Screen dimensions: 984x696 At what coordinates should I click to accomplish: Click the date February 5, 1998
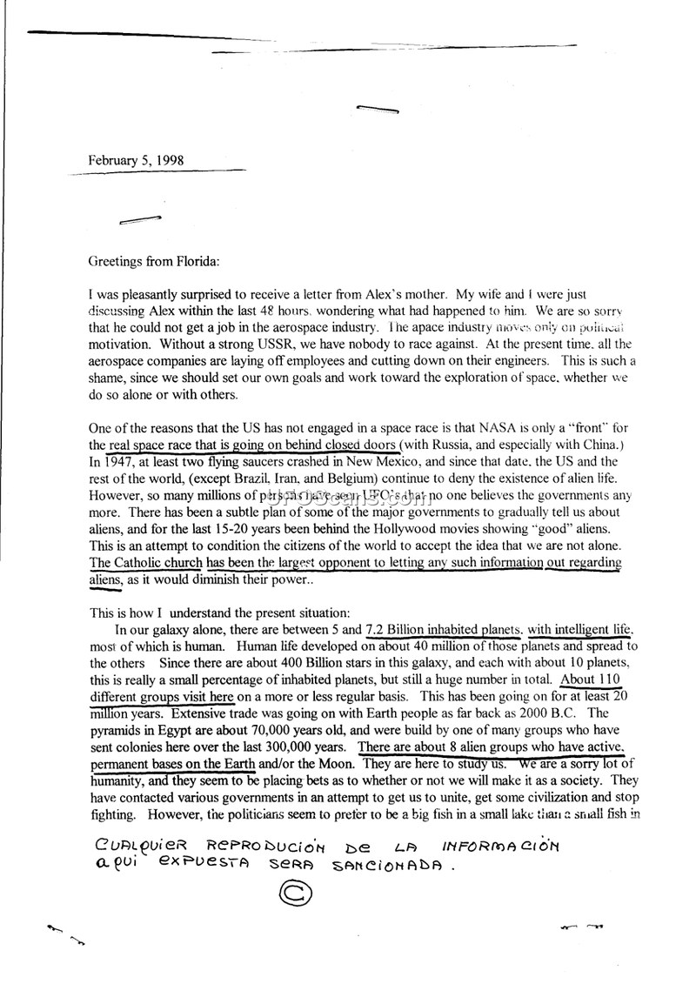coord(135,161)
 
